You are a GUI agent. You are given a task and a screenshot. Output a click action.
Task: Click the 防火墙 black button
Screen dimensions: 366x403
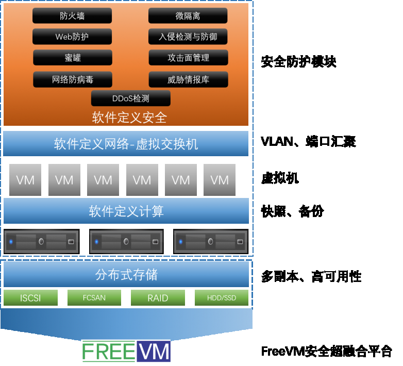pos(72,16)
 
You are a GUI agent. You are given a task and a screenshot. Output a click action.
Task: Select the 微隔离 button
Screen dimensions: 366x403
pos(188,16)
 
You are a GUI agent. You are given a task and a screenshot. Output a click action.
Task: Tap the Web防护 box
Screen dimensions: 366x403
pos(72,37)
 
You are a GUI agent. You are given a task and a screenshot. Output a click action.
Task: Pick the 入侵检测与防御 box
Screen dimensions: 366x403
pos(188,37)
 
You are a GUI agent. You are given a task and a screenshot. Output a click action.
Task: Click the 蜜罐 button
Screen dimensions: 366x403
pos(72,58)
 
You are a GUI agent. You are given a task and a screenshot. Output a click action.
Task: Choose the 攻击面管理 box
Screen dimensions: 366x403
pos(188,58)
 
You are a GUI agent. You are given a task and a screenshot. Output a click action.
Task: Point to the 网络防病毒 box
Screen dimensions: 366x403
pos(72,79)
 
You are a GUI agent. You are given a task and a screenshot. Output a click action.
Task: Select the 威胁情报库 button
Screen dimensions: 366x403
pos(188,79)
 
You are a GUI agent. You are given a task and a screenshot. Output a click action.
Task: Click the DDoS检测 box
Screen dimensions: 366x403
pos(130,98)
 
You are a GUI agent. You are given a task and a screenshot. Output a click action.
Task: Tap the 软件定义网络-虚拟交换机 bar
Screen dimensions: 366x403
pos(126,144)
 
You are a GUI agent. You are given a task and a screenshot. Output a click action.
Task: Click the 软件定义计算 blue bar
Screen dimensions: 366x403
pos(126,211)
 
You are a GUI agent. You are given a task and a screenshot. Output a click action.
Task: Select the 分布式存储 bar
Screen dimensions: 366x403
pos(126,275)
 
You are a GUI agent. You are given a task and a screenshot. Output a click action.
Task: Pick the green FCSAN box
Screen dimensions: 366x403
pos(94,298)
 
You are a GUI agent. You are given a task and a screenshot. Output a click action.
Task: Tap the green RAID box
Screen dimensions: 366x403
pos(158,298)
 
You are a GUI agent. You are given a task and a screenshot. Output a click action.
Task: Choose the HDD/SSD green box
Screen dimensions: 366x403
pos(221,298)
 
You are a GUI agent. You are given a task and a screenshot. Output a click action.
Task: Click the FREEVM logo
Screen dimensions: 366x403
pos(126,351)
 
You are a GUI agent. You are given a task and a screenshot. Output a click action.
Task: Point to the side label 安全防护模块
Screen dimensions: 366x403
pos(299,62)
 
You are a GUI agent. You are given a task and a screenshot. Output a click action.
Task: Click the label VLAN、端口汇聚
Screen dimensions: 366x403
pos(308,142)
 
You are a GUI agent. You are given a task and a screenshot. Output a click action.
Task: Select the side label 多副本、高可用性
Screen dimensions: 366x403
pos(311,277)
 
